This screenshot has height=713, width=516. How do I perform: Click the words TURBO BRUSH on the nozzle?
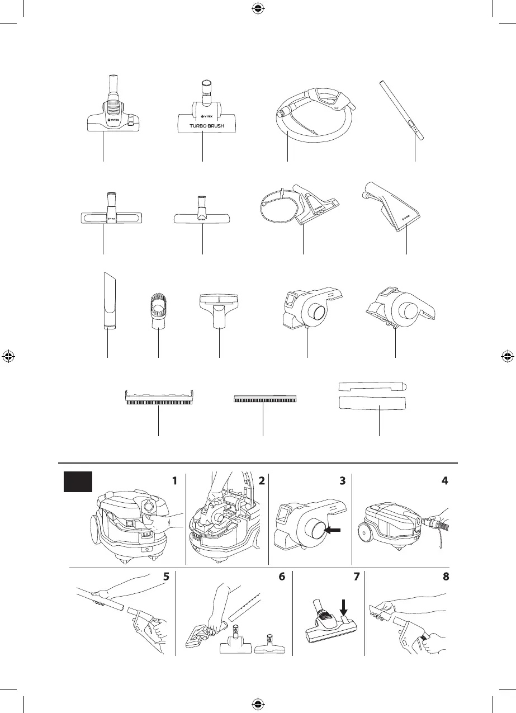click(x=202, y=125)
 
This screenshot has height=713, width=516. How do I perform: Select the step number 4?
click(x=446, y=480)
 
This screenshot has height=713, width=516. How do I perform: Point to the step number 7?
click(x=356, y=577)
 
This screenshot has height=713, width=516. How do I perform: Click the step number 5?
click(x=167, y=577)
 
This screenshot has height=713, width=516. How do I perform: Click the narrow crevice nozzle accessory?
click(x=108, y=302)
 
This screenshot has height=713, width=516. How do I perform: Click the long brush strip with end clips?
click(x=159, y=399)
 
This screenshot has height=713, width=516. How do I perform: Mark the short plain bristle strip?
click(x=263, y=399)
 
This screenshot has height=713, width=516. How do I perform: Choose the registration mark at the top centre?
click(x=258, y=9)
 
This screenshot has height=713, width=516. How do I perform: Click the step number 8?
click(x=446, y=577)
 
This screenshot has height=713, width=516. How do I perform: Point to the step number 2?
click(x=261, y=480)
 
